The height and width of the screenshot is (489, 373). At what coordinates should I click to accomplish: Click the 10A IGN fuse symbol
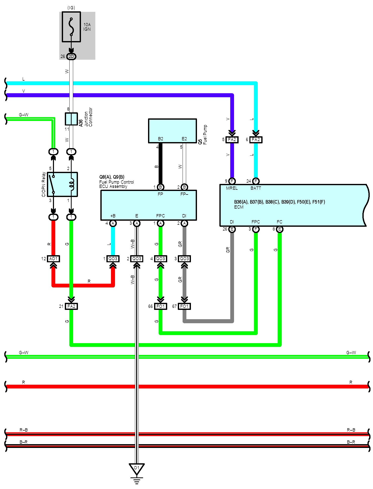[x=71, y=27]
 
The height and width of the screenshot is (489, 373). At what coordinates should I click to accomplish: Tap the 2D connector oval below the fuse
[x=71, y=56]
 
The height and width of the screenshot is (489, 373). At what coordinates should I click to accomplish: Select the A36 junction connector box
[x=71, y=119]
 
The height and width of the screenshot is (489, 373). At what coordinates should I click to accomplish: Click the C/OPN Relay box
[x=63, y=184]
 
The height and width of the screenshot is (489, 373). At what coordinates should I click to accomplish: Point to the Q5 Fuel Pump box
[x=173, y=131]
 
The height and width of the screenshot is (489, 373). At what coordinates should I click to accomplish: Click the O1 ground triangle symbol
[x=136, y=469]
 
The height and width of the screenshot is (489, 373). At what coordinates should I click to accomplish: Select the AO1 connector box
[x=53, y=259]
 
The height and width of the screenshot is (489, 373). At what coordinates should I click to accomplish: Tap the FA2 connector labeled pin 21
[x=71, y=306]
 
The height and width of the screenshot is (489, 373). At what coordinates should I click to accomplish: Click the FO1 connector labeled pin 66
[x=160, y=306]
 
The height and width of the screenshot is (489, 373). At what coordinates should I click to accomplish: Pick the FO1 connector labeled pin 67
[x=184, y=306]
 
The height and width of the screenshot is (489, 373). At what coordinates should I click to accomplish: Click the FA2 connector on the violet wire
[x=232, y=140]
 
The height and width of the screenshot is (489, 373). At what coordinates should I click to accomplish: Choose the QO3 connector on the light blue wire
[x=113, y=259]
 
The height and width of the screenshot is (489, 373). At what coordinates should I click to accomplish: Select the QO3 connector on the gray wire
[x=184, y=259]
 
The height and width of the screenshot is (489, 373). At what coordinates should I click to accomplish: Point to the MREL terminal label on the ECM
[x=232, y=188]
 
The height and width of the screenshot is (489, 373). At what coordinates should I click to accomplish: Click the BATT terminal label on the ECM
[x=256, y=188]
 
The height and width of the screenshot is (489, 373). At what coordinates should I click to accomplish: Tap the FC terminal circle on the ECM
[x=279, y=229]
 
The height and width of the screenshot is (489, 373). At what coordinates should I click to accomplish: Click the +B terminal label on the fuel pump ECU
[x=113, y=216]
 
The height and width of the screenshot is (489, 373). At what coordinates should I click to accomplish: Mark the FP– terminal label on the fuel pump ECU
[x=184, y=194]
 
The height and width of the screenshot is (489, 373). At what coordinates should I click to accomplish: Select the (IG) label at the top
[x=71, y=8]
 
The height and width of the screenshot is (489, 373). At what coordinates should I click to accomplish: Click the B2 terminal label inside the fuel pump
[x=160, y=139]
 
